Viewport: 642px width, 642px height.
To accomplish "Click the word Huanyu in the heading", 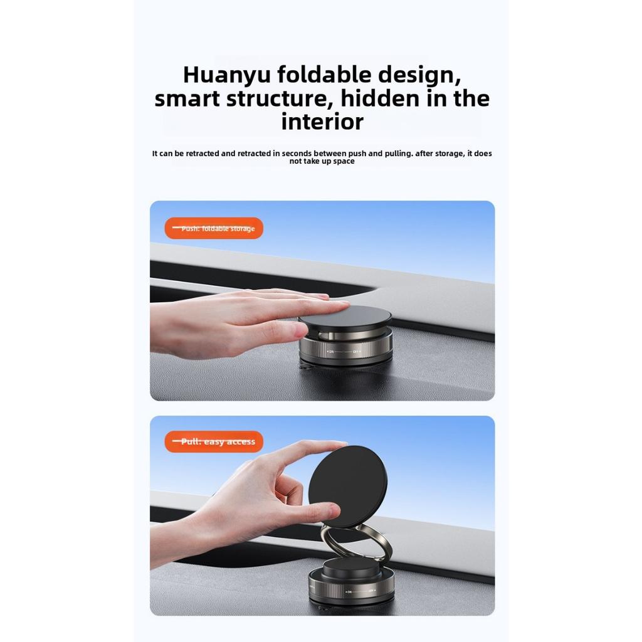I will (227, 75).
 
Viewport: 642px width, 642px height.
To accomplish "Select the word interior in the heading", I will (322, 122).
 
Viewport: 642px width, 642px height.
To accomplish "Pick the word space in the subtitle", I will (344, 161).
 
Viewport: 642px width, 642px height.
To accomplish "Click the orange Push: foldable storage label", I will (214, 228).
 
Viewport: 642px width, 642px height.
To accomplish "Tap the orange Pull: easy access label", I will (214, 441).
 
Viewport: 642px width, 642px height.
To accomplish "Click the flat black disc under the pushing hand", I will (345, 316).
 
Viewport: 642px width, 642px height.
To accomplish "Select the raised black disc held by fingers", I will (349, 485).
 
